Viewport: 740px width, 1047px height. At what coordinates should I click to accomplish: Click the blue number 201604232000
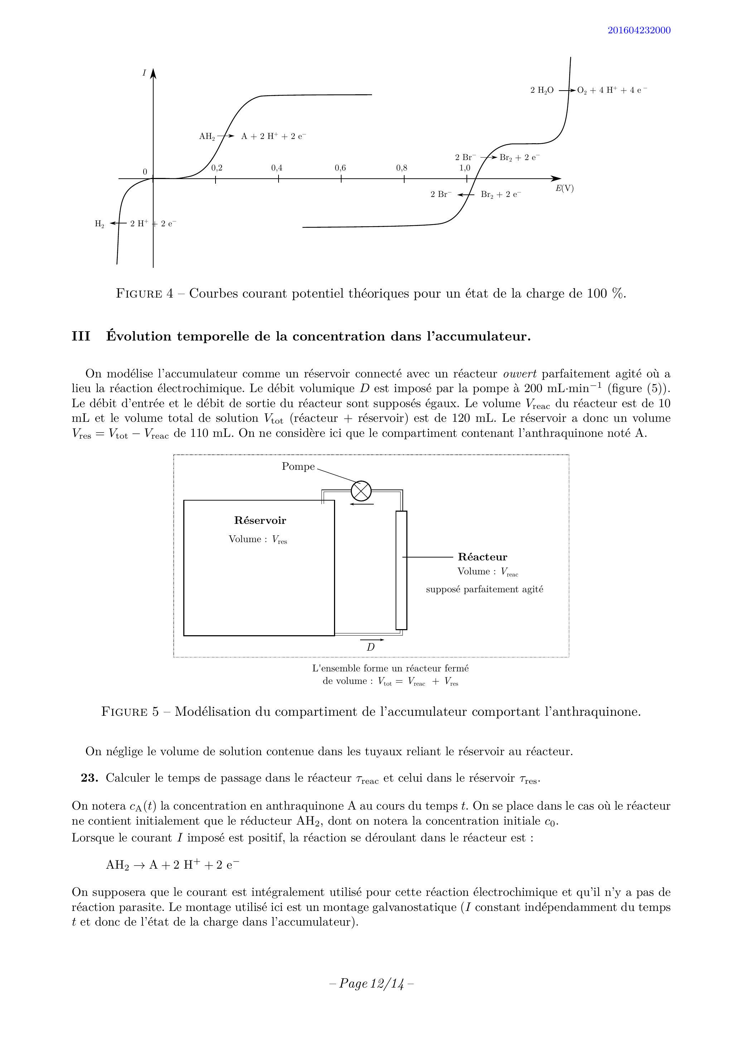638,30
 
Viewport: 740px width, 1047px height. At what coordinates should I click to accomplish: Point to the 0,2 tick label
217,168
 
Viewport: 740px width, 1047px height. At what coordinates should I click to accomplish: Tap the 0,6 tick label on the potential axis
340,168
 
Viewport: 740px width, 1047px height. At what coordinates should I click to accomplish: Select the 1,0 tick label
465,168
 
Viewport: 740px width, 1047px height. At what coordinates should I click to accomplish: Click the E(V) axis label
565,188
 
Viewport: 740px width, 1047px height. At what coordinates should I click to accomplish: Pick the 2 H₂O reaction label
542,90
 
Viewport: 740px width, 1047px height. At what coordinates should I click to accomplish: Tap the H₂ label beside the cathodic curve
100,224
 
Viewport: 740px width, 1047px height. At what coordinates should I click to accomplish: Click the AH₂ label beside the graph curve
207,136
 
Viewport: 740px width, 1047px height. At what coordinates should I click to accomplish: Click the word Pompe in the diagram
298,467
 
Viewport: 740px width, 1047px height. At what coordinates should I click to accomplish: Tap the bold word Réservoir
260,520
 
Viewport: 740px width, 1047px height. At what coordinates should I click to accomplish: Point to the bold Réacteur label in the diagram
482,557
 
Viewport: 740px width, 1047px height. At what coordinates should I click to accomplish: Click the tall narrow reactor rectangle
401,570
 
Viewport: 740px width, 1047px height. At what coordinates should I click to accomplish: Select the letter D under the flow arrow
371,647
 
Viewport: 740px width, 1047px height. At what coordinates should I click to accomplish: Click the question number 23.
90,778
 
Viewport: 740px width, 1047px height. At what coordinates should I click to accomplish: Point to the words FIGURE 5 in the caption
130,712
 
